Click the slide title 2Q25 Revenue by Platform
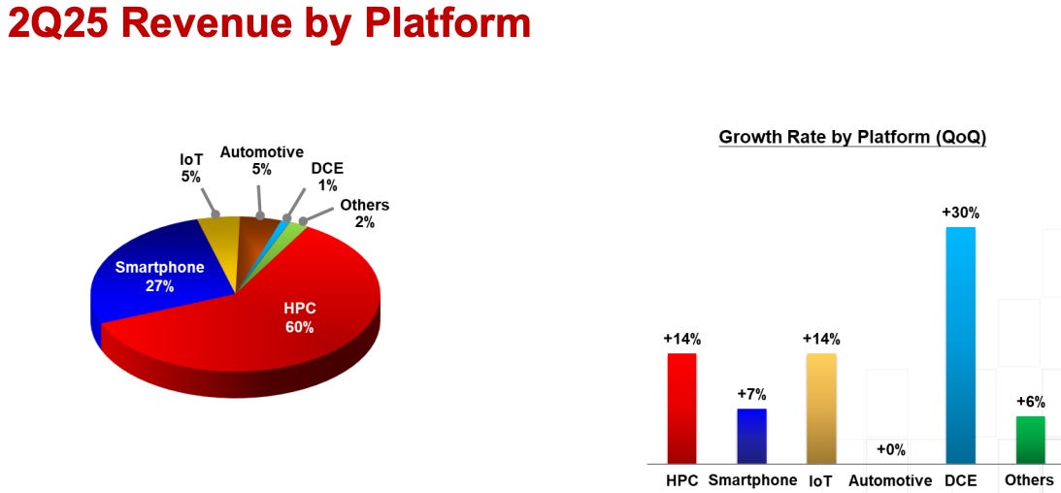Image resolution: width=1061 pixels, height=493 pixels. pyautogui.click(x=269, y=22)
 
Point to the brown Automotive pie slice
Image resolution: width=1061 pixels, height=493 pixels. pyautogui.click(x=256, y=238)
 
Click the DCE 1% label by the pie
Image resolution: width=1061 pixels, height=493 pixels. pyautogui.click(x=327, y=177)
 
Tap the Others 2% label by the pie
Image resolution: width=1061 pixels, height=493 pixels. pyautogui.click(x=364, y=213)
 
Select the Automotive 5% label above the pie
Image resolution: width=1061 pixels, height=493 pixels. pyautogui.click(x=261, y=160)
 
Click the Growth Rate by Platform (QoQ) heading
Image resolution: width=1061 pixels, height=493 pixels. pyautogui.click(x=852, y=137)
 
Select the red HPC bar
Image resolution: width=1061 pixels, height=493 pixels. pyautogui.click(x=681, y=408)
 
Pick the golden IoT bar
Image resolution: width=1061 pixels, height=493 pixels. pyautogui.click(x=820, y=408)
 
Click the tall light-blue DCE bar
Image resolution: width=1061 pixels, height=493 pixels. pyautogui.click(x=959, y=345)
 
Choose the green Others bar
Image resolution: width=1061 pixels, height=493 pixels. pyautogui.click(x=1029, y=439)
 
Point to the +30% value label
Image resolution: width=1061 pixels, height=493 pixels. pyautogui.click(x=959, y=213)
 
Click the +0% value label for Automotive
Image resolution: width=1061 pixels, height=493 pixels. pyautogui.click(x=890, y=449)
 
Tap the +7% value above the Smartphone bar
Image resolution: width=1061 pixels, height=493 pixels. pyautogui.click(x=751, y=394)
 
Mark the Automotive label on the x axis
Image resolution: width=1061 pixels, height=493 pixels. pyautogui.click(x=890, y=479)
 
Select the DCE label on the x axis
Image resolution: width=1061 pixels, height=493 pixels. pyautogui.click(x=959, y=479)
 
